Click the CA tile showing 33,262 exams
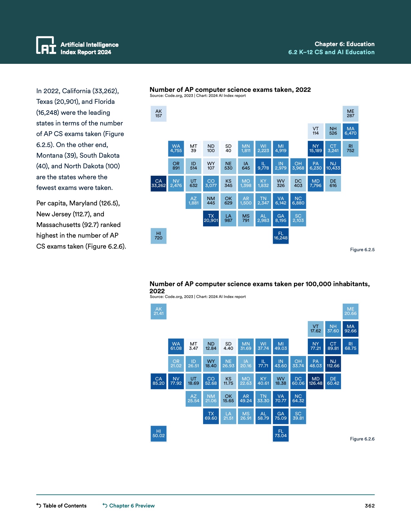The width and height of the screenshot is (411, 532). coord(159,183)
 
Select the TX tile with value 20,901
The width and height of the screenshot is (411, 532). coord(211,218)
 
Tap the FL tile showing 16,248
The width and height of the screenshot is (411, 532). coord(281,236)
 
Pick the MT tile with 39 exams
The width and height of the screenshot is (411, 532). coord(193,148)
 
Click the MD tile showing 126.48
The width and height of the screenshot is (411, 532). coord(316,381)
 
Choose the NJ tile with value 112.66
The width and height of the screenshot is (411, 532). coord(333,364)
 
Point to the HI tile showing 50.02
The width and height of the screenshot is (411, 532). coord(159,433)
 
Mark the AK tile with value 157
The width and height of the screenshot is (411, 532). coord(159,113)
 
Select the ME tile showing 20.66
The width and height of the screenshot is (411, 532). coord(350,311)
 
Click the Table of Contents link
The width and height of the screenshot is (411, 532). coord(62,506)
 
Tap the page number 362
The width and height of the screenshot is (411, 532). coord(369,506)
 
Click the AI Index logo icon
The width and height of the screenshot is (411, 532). coord(46,45)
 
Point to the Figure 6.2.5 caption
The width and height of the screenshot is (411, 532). coord(362,250)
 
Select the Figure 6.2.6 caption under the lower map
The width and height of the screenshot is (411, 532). coord(362,439)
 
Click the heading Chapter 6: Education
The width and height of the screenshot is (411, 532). coord(344,44)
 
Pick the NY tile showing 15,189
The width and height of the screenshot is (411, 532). coord(316,148)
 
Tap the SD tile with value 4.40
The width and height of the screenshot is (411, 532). coord(228,346)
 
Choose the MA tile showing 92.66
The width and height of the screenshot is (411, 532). coord(350,329)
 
